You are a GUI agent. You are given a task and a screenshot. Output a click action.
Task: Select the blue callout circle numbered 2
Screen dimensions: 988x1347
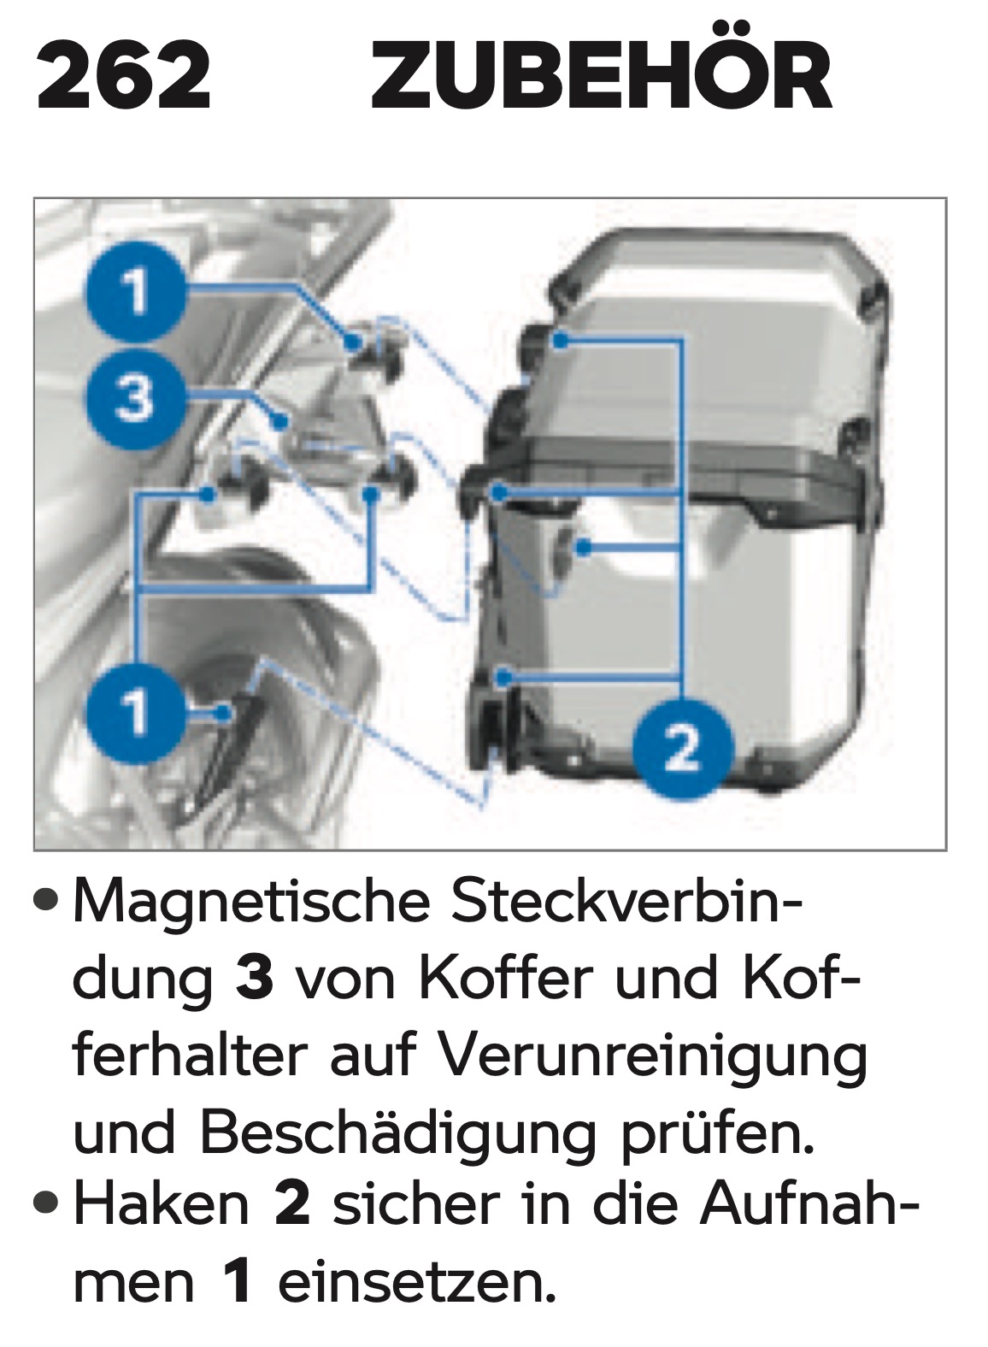(x=683, y=748)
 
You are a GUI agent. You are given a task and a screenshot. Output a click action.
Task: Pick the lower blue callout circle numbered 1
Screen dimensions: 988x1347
(x=135, y=713)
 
